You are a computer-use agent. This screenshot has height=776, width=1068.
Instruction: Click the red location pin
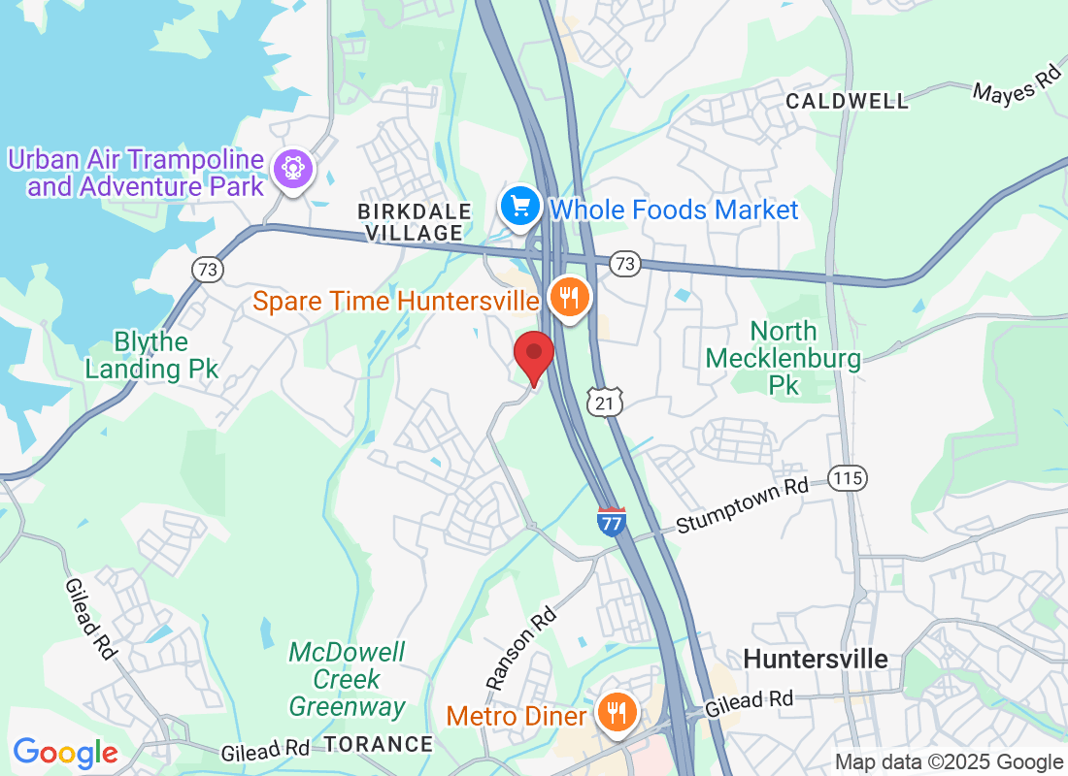[533, 356]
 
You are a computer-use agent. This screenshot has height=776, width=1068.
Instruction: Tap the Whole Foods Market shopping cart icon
[520, 207]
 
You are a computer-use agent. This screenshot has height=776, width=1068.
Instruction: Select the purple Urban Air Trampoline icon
[291, 170]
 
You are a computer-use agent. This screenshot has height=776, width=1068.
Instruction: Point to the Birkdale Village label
[415, 222]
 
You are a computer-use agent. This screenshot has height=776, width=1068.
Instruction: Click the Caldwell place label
[848, 101]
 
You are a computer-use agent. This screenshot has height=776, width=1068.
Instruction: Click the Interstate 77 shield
[611, 521]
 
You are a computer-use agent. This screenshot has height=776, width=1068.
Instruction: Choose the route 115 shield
[848, 477]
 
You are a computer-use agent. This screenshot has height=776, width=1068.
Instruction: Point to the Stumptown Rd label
[742, 505]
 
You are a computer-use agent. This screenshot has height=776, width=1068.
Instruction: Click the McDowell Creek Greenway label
[348, 679]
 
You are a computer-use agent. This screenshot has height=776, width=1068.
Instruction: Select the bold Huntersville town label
[816, 660]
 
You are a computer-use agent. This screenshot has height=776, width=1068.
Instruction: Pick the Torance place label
[378, 744]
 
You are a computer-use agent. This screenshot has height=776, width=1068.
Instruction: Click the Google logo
[65, 753]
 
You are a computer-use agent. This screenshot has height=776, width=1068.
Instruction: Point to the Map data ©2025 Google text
[949, 762]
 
